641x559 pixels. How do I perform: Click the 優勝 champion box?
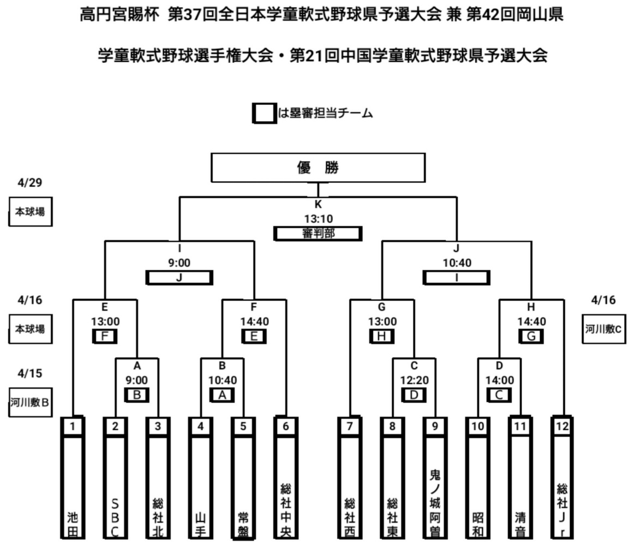pos(318,168)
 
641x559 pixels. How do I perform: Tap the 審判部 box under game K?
pos(317,234)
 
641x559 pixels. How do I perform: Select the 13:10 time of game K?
pos(319,219)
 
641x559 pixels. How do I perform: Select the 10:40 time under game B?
pos(222,379)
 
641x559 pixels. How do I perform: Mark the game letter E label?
pos(105,307)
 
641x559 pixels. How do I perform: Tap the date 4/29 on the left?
pos(30,182)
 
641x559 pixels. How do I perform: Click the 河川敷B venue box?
pos(30,403)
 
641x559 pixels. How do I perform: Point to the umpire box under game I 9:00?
pos(179,277)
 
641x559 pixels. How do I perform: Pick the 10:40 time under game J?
pos(457,263)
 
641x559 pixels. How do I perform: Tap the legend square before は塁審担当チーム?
pos(264,113)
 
